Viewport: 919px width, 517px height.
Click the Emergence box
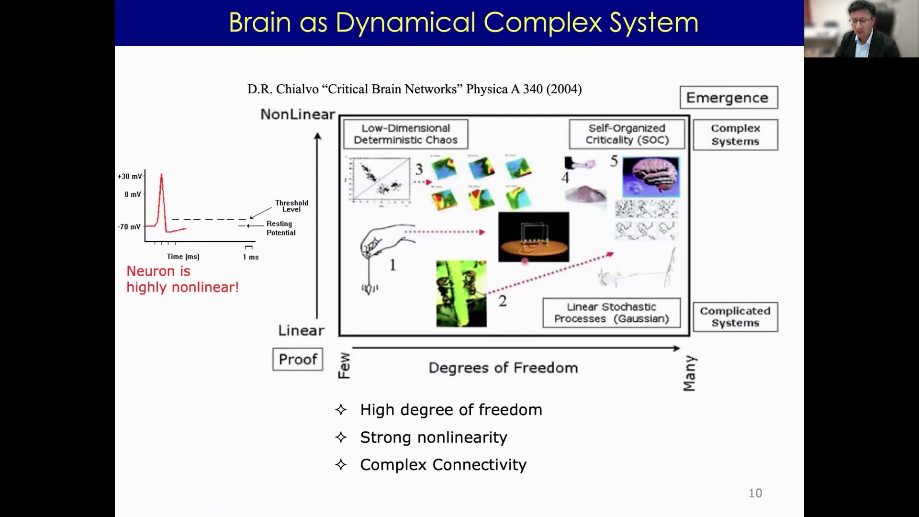coord(728,98)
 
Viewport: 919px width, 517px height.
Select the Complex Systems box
coord(735,135)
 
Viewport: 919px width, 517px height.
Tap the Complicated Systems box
coord(735,317)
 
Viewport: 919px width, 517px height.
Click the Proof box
coord(298,359)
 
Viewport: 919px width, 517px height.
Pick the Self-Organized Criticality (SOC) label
coord(627,134)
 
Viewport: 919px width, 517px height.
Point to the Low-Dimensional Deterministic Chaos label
coord(405,134)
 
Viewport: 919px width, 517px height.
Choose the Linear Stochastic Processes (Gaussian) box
coord(611,313)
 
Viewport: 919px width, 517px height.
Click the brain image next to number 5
coord(650,177)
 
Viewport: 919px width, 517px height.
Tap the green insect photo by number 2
coord(461,293)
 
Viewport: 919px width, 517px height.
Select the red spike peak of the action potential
coord(161,176)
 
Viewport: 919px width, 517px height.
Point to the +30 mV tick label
coord(130,176)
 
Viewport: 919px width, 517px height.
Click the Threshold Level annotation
coord(291,206)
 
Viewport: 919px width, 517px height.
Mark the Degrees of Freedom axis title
coord(503,368)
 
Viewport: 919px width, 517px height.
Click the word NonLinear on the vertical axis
coord(298,114)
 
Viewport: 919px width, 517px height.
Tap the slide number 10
coord(755,493)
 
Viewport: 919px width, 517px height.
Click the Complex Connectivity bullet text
coord(443,465)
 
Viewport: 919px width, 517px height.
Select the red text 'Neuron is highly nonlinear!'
coord(182,279)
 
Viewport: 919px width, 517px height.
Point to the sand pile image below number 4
coord(585,196)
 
